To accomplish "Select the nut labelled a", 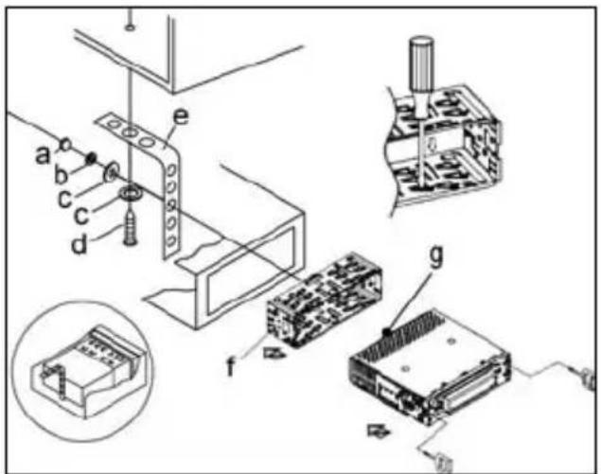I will point(68,145).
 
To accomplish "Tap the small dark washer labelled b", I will point(94,157).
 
